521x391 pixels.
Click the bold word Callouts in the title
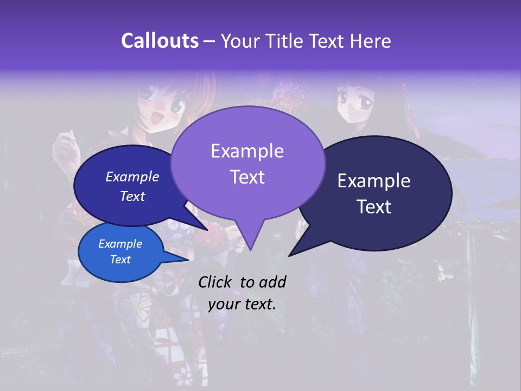(160, 41)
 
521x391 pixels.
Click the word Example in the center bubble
(247, 151)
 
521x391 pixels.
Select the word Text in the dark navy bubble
(374, 207)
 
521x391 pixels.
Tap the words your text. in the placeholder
(242, 304)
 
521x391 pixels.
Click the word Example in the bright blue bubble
(120, 244)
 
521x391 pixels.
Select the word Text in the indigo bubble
(132, 197)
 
